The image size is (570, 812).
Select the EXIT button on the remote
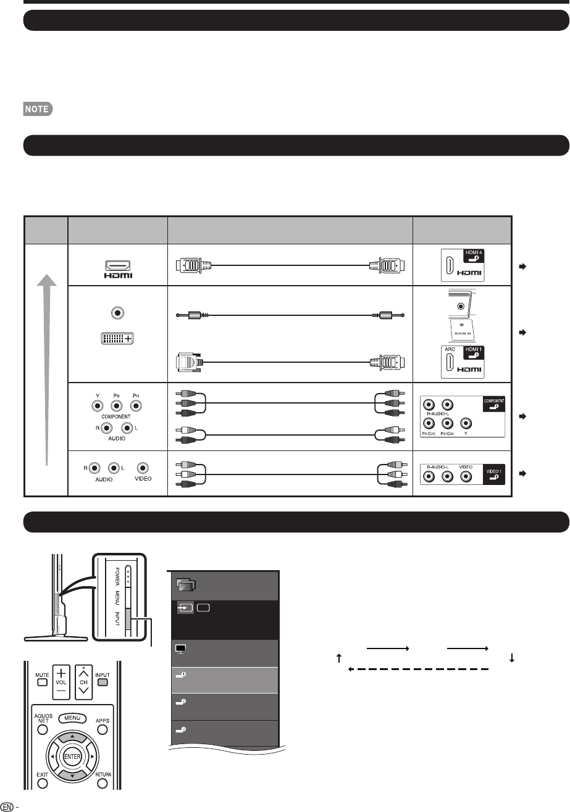click(x=42, y=784)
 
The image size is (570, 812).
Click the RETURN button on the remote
click(x=103, y=784)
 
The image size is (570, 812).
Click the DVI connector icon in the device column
click(x=117, y=338)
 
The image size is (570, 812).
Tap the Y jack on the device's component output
click(x=98, y=407)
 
